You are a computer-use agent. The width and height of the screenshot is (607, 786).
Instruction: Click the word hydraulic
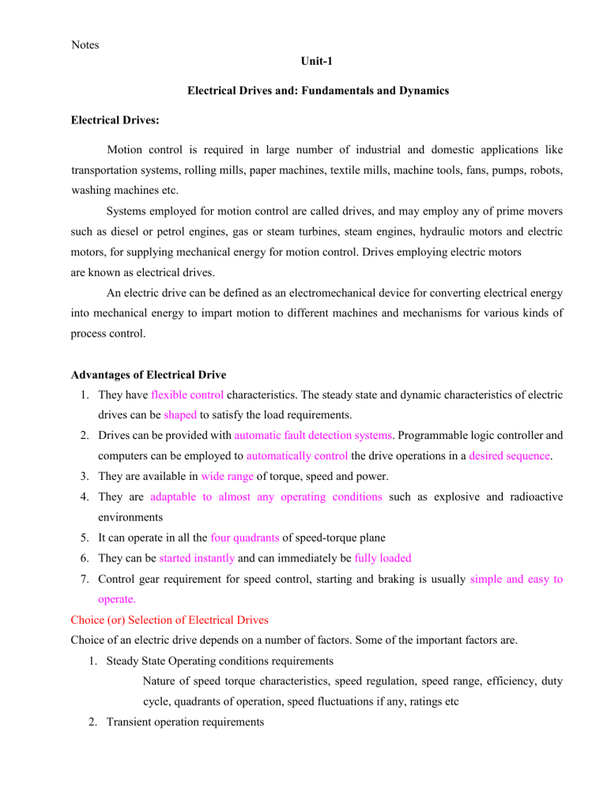pos(424,234)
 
